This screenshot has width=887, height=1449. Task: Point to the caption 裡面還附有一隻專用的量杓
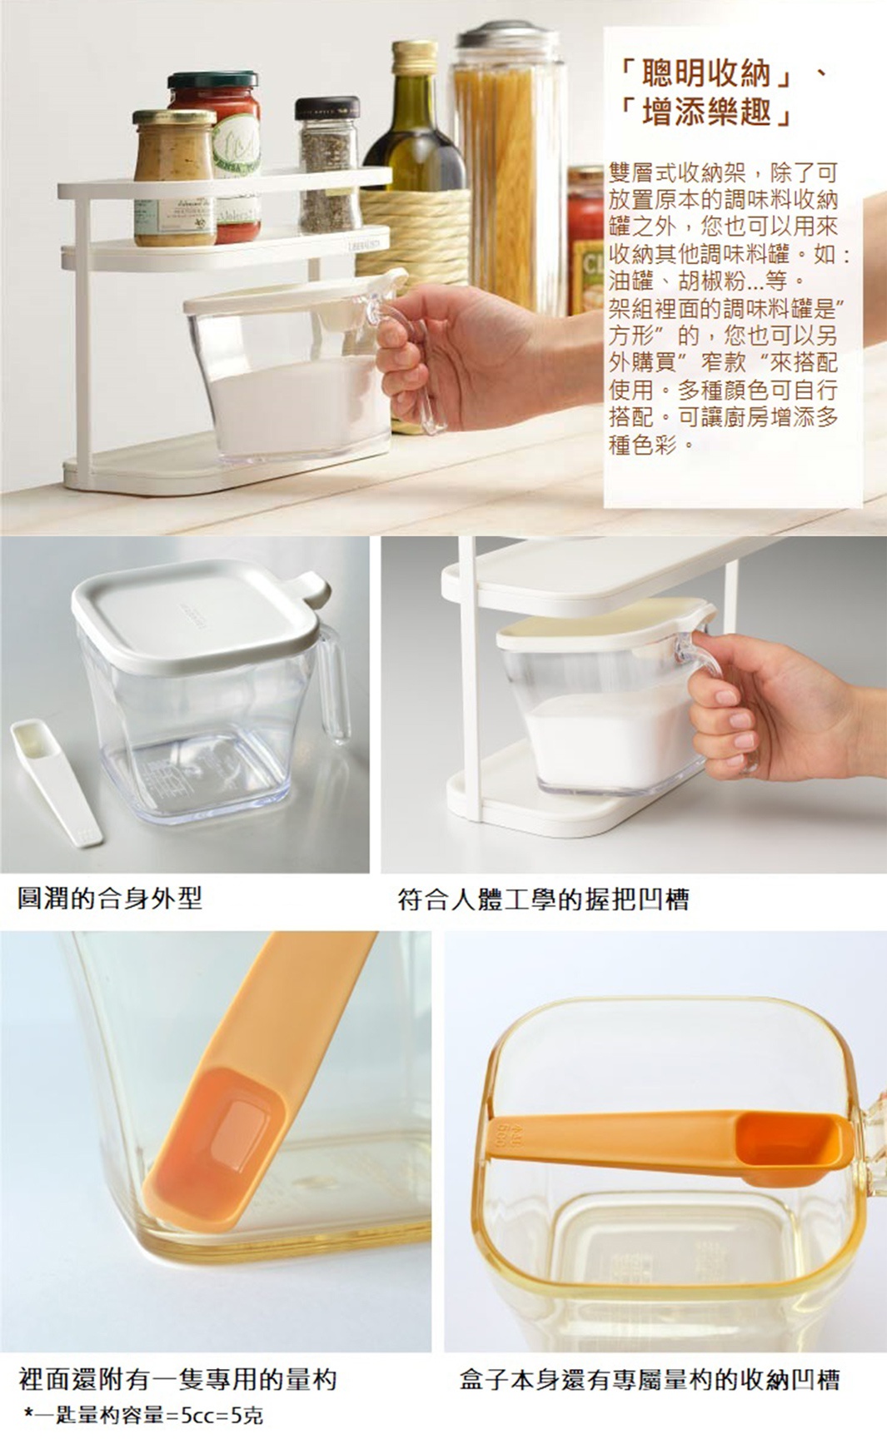[x=177, y=1379]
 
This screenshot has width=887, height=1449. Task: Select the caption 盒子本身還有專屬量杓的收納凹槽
[x=650, y=1379]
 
